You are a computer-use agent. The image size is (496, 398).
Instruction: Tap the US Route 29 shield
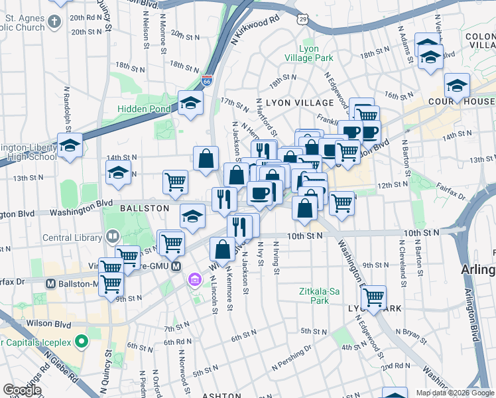[303, 21]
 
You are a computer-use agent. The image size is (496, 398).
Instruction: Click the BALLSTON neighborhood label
[145, 208]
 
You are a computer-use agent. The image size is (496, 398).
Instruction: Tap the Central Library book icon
[113, 236]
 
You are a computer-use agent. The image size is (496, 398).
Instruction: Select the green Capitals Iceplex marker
[82, 343]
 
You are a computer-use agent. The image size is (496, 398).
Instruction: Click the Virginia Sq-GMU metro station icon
[176, 267]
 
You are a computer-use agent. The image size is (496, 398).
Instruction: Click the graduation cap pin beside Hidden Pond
[190, 103]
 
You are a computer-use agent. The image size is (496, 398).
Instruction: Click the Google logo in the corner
[22, 390]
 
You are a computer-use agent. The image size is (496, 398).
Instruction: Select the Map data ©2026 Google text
[455, 393]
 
